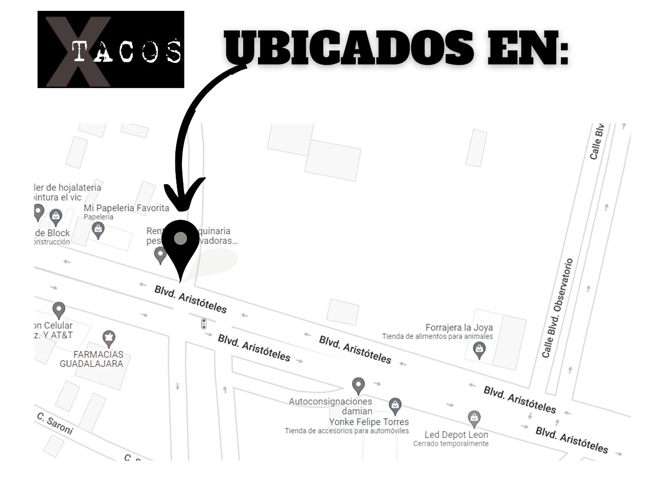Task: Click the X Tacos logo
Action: pyautogui.click(x=111, y=49)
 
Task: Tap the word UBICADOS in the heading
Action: pyautogui.click(x=349, y=48)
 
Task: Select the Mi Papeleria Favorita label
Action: pyautogui.click(x=126, y=208)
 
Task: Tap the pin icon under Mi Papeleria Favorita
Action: pyautogui.click(x=98, y=230)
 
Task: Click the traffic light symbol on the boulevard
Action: pyautogui.click(x=204, y=324)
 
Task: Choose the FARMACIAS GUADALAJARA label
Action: pyautogui.click(x=92, y=359)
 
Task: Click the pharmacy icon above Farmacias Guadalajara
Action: pyautogui.click(x=108, y=339)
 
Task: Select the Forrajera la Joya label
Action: pyautogui.click(x=459, y=327)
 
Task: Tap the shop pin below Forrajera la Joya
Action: pyautogui.click(x=479, y=350)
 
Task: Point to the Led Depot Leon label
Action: pyautogui.click(x=456, y=434)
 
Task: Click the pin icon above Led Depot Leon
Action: pyautogui.click(x=474, y=418)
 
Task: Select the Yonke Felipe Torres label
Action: pyautogui.click(x=369, y=422)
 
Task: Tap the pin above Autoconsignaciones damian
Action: pyautogui.click(x=358, y=385)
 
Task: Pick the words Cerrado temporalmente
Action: pyautogui.click(x=451, y=444)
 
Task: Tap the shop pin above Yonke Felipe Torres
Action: pyautogui.click(x=395, y=405)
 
